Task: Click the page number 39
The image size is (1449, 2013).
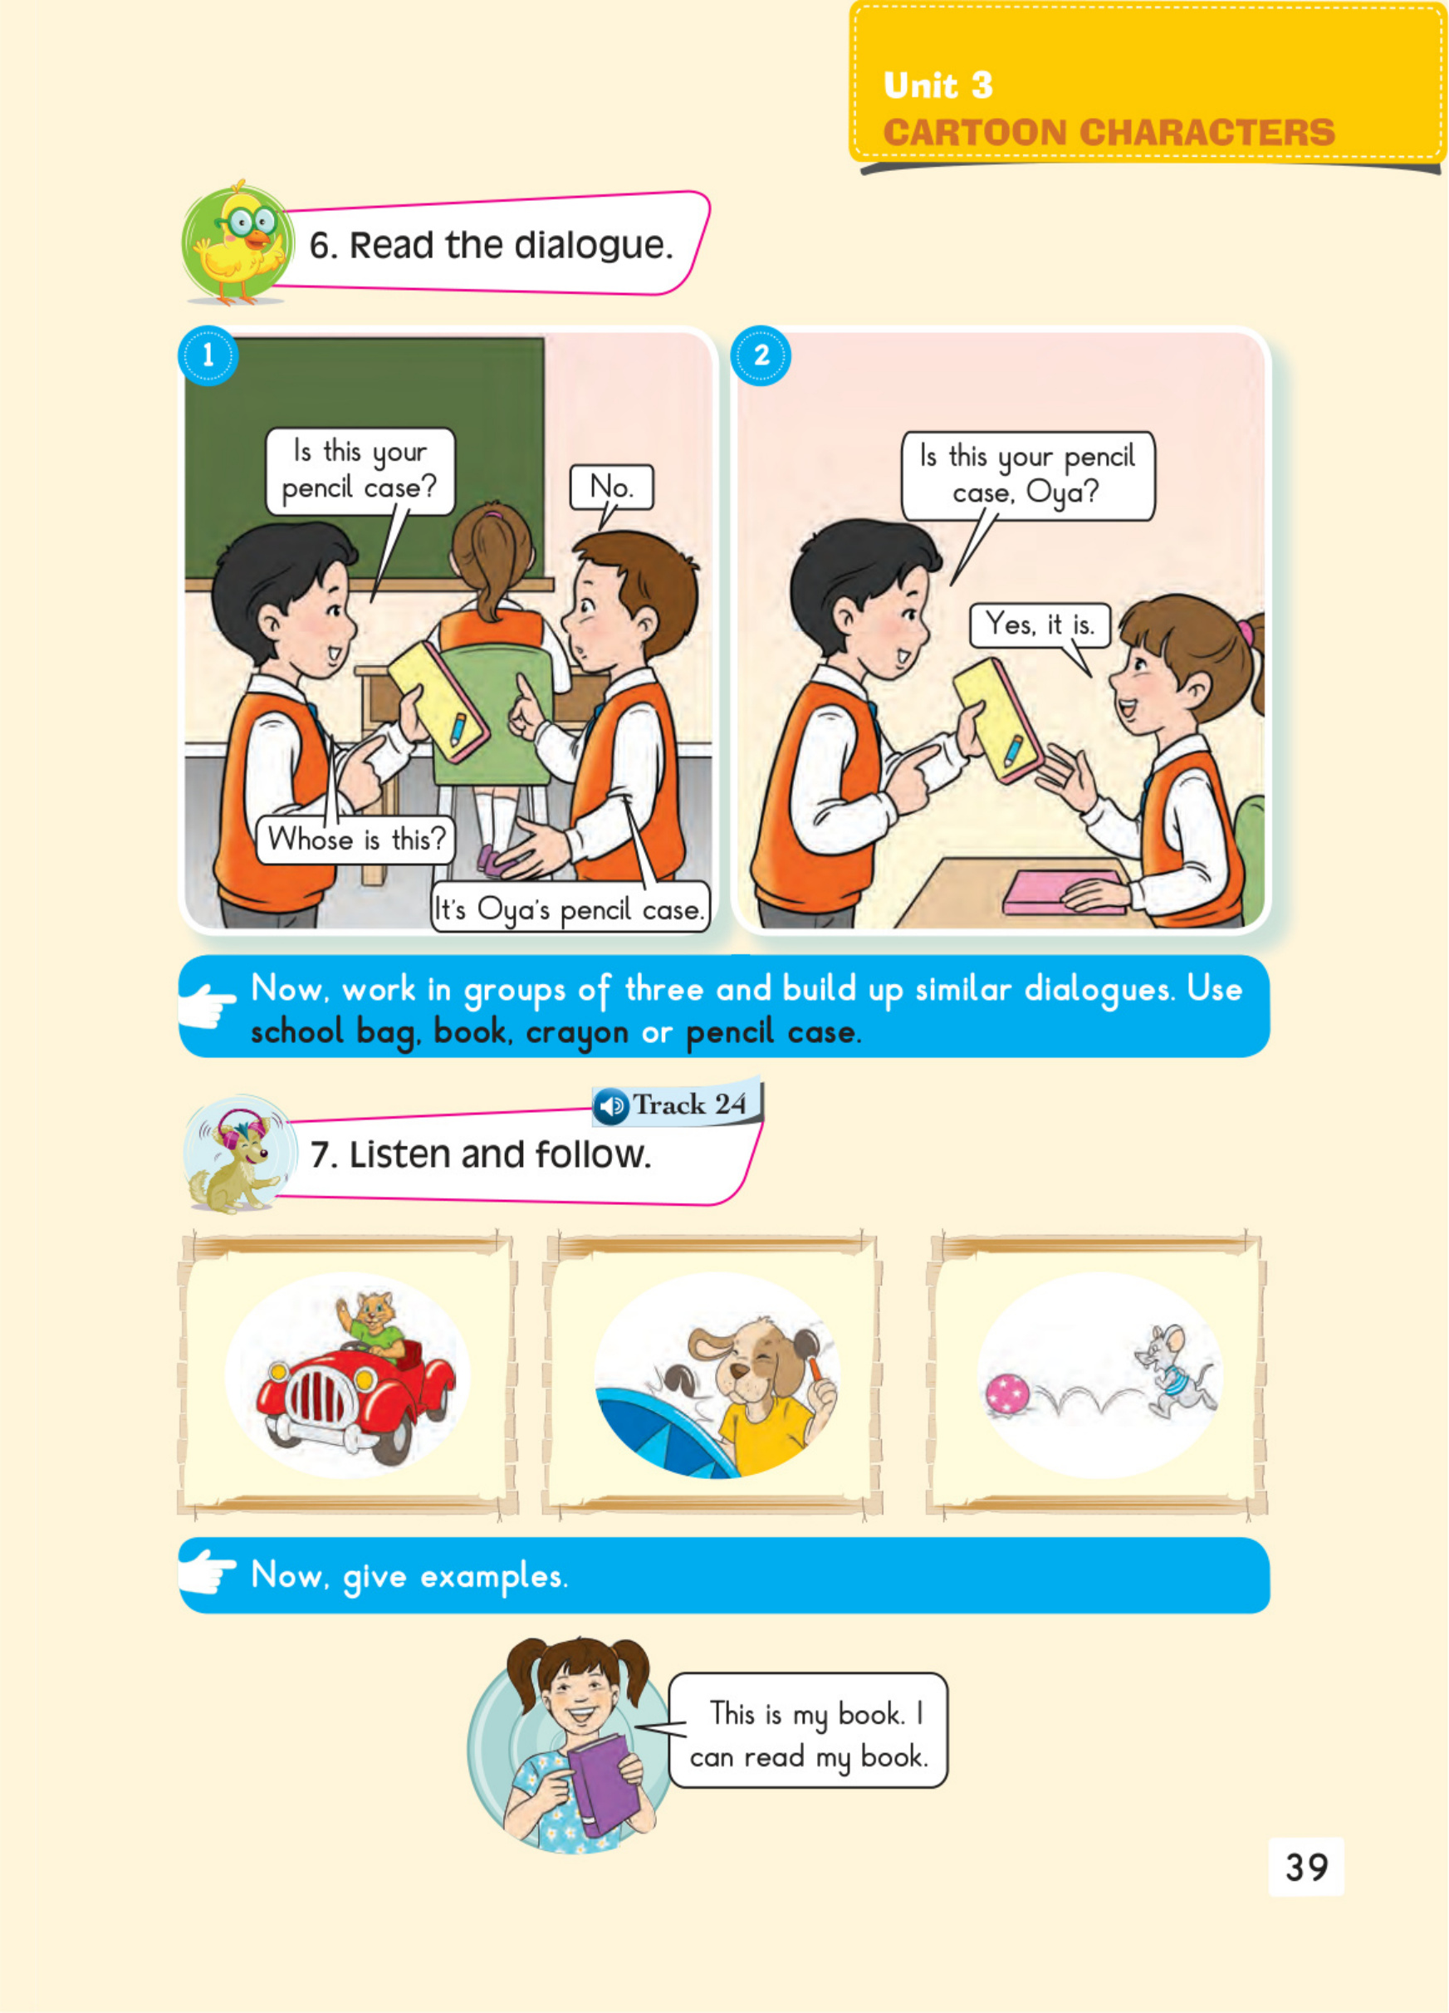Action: [x=1306, y=1867]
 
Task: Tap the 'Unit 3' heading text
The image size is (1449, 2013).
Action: [x=937, y=86]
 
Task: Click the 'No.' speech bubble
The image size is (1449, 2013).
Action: [x=611, y=487]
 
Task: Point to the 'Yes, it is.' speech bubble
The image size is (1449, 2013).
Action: [x=1039, y=624]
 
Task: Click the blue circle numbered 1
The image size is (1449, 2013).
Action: [x=208, y=355]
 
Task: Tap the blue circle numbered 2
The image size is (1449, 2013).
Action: [x=761, y=355]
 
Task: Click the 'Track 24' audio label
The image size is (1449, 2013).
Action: [x=677, y=1104]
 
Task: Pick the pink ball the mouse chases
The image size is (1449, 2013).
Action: [x=1007, y=1394]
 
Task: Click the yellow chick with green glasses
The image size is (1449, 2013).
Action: [x=238, y=242]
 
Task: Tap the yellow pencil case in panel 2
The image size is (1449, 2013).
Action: [x=998, y=720]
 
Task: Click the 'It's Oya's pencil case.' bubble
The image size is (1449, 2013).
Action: [x=570, y=908]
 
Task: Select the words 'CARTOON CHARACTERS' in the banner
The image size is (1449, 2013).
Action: [x=1109, y=133]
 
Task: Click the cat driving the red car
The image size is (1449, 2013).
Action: [x=370, y=1325]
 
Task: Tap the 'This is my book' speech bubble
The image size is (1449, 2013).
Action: [x=807, y=1730]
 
